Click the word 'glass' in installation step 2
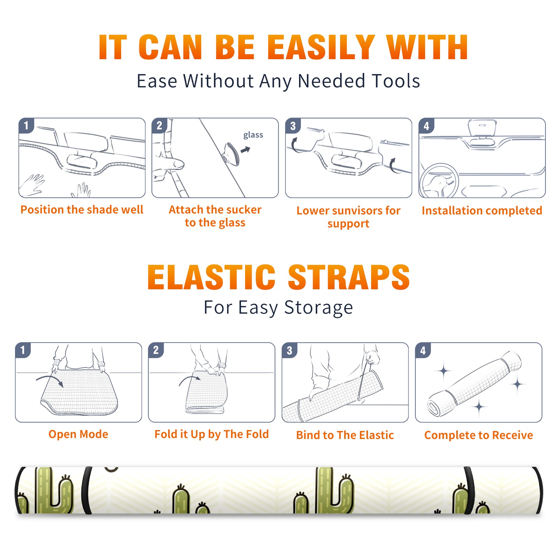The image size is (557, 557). pyautogui.click(x=253, y=135)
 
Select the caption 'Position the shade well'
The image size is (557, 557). pyautogui.click(x=82, y=210)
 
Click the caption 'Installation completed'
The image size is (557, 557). pyautogui.click(x=482, y=210)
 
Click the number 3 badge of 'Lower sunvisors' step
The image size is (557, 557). pyautogui.click(x=293, y=126)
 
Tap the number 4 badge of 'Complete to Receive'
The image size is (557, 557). pyautogui.click(x=423, y=350)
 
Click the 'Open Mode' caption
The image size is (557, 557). pyautogui.click(x=78, y=434)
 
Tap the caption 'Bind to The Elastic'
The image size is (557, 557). pyautogui.click(x=345, y=435)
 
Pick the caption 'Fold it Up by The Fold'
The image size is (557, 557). pyautogui.click(x=212, y=434)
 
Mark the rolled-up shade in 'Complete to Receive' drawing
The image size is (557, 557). pyautogui.click(x=475, y=383)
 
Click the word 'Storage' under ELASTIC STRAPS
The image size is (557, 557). pyautogui.click(x=319, y=308)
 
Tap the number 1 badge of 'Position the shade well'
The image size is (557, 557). pyautogui.click(x=26, y=125)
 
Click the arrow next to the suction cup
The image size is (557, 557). pyautogui.click(x=246, y=150)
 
